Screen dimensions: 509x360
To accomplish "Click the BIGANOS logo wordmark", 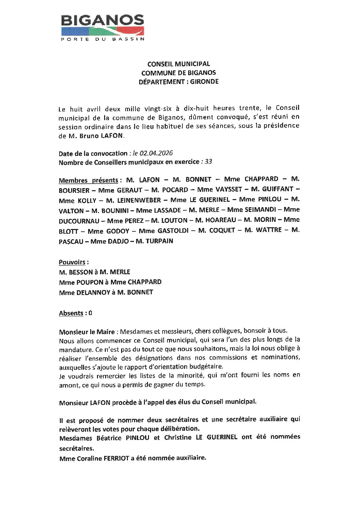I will [102, 21].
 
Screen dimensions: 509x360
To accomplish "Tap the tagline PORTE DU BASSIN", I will [102, 39].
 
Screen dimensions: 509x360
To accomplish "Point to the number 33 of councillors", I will [208, 162].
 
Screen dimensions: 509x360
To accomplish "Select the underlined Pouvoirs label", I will [72, 262].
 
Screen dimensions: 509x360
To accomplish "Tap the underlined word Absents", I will [71, 313].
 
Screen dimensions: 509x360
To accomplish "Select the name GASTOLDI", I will [171, 231].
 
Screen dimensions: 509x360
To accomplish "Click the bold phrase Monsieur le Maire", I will [86, 331].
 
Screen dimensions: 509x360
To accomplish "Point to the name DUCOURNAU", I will [79, 221].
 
